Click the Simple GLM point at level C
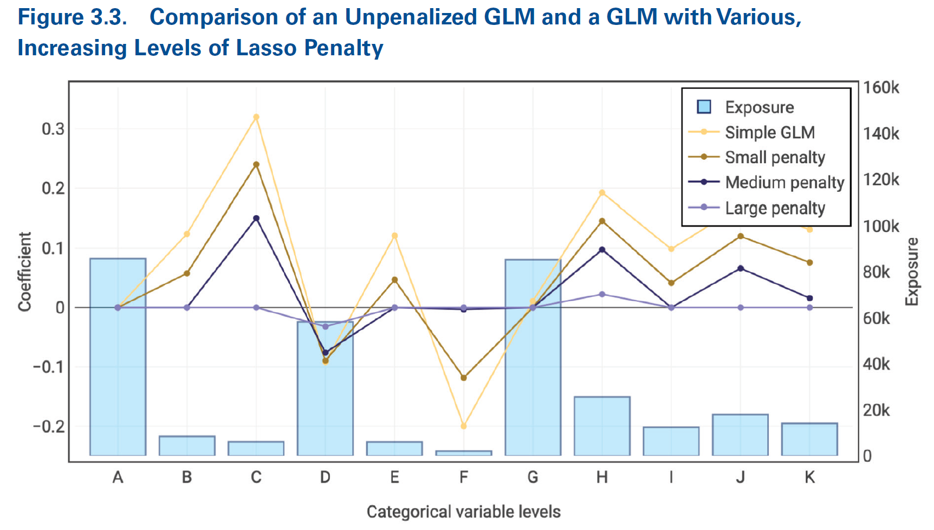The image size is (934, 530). tap(256, 117)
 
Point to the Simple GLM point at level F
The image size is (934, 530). tap(463, 426)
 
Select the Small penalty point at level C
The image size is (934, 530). tap(256, 164)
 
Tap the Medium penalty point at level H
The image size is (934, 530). tap(602, 250)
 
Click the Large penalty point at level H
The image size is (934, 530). tap(602, 294)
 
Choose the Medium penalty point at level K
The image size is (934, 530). tap(809, 298)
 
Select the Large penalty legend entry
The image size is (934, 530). tap(775, 208)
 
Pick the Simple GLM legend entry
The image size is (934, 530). tap(769, 132)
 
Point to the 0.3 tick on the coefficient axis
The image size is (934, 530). tap(53, 129)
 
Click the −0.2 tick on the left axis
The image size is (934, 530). tap(49, 426)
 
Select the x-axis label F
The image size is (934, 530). tap(464, 477)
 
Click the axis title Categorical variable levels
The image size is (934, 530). tap(463, 512)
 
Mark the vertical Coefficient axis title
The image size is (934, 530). tap(25, 272)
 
